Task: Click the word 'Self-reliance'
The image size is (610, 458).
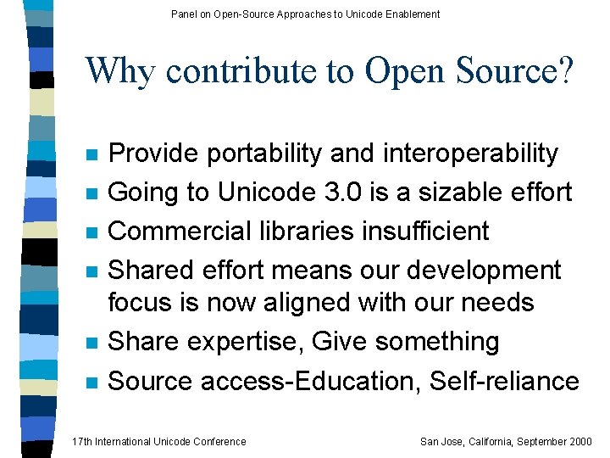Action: point(504,381)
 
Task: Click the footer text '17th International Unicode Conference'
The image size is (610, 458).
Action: point(159,441)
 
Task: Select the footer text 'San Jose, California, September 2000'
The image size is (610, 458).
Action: point(506,441)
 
